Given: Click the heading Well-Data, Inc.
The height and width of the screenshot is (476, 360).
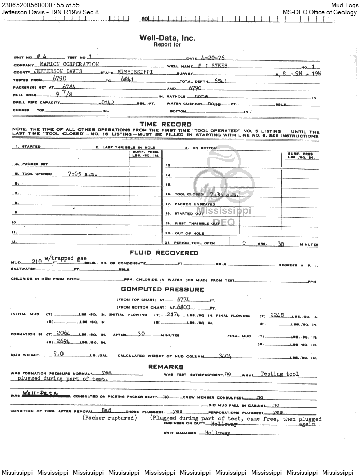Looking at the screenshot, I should (167, 38).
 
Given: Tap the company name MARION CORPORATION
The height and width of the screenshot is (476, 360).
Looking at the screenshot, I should (69, 64).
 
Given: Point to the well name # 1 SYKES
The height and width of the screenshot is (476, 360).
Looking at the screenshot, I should (212, 66).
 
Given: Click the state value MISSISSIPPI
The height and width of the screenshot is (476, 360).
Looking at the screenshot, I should (135, 72).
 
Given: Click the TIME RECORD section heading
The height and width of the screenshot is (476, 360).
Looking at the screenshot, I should (165, 125).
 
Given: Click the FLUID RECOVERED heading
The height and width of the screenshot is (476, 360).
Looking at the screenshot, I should (164, 253).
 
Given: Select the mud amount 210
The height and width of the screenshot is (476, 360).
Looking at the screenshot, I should (37, 262).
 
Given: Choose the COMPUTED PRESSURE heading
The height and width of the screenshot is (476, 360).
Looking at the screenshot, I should (163, 289).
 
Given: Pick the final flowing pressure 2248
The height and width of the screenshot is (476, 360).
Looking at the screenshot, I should (276, 315).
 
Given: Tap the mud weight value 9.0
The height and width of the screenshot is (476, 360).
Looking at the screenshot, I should (59, 355).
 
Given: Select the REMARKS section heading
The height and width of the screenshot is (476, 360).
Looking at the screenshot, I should (166, 366).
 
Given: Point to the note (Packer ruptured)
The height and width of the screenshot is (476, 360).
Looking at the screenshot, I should (109, 418).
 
